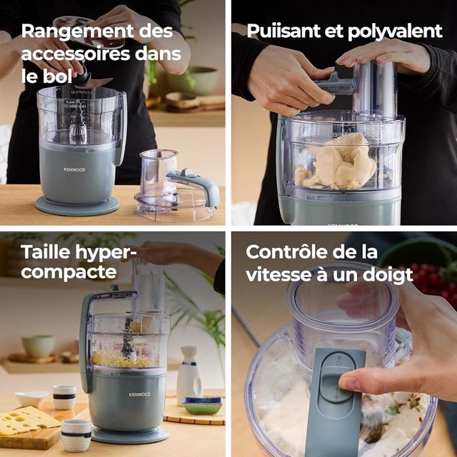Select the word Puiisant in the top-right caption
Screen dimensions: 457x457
(283, 31)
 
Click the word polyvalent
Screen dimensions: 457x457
(395, 31)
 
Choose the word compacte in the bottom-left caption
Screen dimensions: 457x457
(69, 273)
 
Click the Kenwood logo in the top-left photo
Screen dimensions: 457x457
(74, 170)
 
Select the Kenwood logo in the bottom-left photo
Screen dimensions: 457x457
(140, 395)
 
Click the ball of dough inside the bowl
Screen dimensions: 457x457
(338, 164)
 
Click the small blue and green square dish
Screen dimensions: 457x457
(203, 405)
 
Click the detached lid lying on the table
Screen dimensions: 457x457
(176, 186)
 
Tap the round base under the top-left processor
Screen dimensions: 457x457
(77, 206)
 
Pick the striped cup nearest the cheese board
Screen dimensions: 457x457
(76, 435)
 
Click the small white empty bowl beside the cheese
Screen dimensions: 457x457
(31, 398)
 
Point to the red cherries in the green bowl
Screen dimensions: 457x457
(431, 277)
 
